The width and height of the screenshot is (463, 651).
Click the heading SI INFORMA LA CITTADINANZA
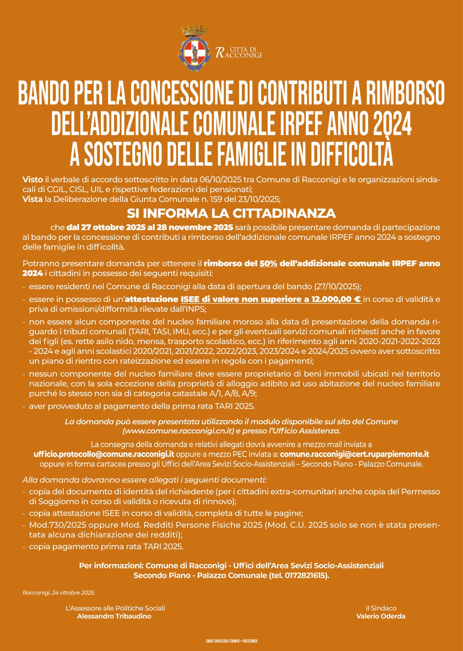coord(231,213)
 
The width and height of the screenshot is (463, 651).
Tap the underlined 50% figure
coord(268,263)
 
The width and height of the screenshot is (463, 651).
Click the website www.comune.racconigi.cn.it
coord(178,430)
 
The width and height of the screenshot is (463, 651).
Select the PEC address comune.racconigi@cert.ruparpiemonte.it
coord(354,454)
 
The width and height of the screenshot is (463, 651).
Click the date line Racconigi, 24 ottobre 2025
coord(59,592)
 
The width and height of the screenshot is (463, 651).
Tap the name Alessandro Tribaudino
coord(114,616)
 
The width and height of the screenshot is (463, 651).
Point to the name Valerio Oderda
coord(380,616)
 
